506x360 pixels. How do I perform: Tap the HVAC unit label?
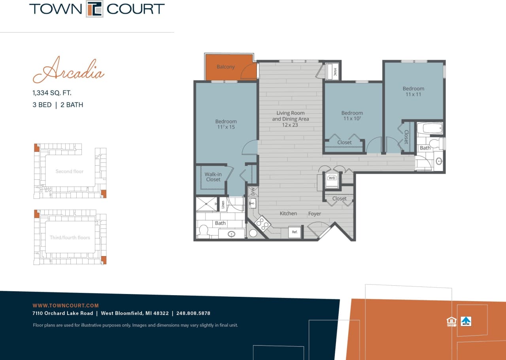[334, 72]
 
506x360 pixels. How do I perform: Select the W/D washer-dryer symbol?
[331, 178]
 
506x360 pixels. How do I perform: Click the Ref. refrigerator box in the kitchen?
[295, 232]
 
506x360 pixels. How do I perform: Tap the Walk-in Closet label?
[213, 177]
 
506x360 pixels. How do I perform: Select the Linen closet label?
[223, 204]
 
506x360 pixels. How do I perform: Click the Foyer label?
[315, 214]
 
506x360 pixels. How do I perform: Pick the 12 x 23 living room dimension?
[290, 125]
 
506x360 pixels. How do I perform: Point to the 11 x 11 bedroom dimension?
[413, 94]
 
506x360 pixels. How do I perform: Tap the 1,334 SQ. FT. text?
[52, 93]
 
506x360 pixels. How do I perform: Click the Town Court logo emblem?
[95, 9]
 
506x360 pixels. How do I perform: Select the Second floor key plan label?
[70, 172]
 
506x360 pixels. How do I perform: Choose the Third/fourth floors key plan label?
[70, 237]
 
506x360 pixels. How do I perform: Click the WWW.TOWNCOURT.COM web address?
[66, 305]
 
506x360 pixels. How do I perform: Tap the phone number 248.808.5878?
[193, 313]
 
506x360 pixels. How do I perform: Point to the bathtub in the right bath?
[430, 128]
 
